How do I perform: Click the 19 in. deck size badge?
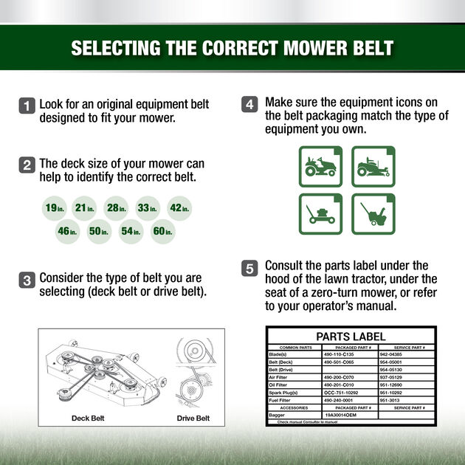click(x=55, y=208)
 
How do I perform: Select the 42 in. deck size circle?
click(x=179, y=208)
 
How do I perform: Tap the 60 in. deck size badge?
click(x=162, y=232)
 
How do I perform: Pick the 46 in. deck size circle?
click(x=67, y=232)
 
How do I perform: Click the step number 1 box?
click(x=27, y=106)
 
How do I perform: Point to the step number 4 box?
click(x=249, y=105)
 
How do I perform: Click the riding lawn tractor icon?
click(x=320, y=166)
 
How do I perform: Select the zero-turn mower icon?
click(x=373, y=166)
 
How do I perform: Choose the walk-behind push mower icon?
click(x=320, y=214)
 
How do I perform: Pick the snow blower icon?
click(x=373, y=214)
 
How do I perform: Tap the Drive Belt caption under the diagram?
click(x=193, y=418)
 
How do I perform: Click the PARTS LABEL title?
click(x=351, y=336)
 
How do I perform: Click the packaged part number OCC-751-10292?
click(x=341, y=393)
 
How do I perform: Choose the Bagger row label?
click(x=277, y=415)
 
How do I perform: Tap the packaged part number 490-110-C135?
click(x=340, y=354)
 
